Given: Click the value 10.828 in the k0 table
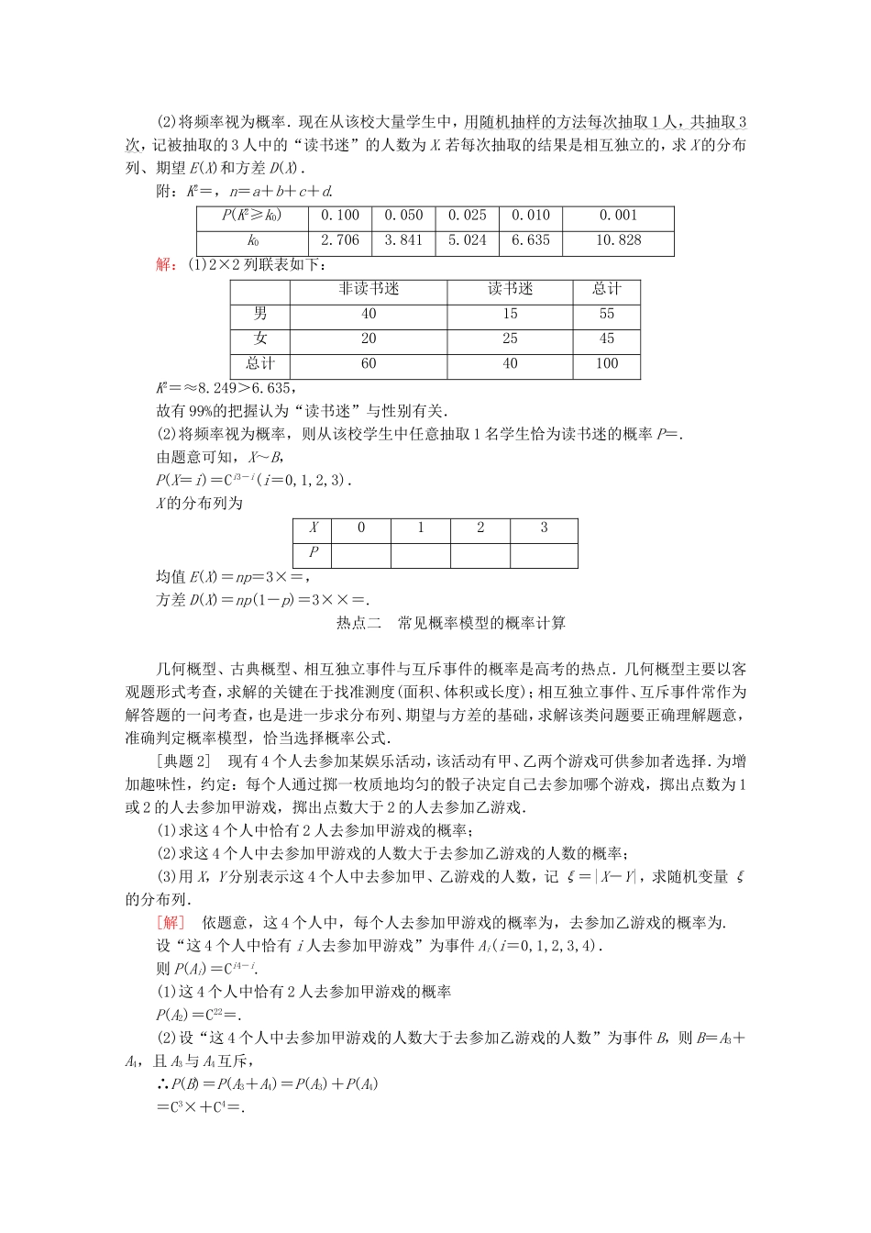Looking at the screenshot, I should (x=618, y=240).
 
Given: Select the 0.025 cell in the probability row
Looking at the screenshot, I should (x=467, y=216).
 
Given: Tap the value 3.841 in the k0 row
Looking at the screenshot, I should (x=403, y=240).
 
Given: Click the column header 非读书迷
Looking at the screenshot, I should (x=369, y=289).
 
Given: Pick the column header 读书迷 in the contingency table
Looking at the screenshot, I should (x=510, y=289).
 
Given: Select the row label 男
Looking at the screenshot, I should (x=260, y=314).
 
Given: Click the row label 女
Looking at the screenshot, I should (x=260, y=339).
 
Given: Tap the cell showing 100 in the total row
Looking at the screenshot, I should (x=606, y=363).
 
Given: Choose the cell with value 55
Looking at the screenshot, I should (x=606, y=314).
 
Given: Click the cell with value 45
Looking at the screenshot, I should (x=606, y=339).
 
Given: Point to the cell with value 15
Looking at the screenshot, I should (x=510, y=314).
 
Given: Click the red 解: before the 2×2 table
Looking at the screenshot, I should (x=169, y=265).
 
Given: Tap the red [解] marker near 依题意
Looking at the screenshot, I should (x=171, y=922).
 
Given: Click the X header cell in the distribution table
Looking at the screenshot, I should (x=314, y=528).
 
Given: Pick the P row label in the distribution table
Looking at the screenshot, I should (x=314, y=552).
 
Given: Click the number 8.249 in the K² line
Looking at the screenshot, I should (x=214, y=388).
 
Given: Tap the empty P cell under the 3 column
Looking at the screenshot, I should (x=544, y=553).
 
